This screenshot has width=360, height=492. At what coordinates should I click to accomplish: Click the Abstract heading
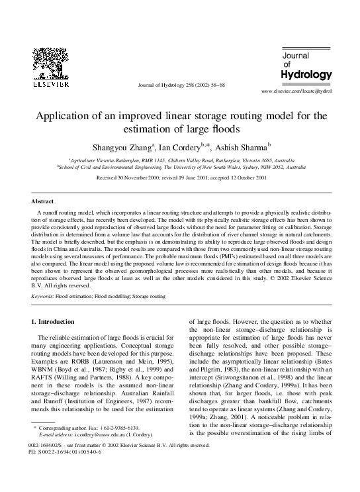(44, 201)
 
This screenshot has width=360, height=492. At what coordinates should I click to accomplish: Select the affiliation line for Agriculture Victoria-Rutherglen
(180, 160)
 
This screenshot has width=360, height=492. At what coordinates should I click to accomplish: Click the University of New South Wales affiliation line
(180, 168)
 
